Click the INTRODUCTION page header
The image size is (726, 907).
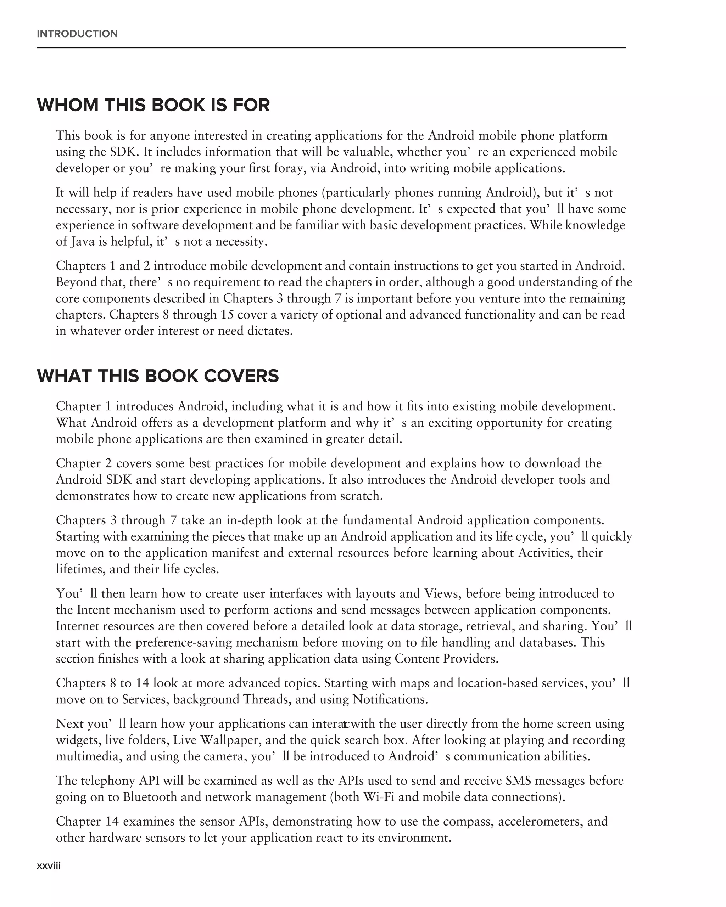click(x=77, y=34)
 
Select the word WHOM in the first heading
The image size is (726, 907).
click(x=68, y=105)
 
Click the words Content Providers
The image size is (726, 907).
click(x=446, y=659)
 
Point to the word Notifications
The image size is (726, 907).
click(x=390, y=699)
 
